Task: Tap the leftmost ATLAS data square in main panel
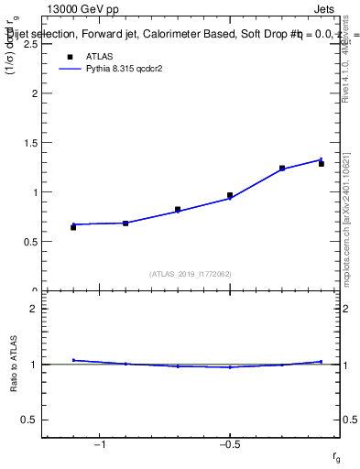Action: click(73, 227)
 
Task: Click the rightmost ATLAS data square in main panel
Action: click(322, 164)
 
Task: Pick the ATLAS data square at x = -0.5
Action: click(230, 195)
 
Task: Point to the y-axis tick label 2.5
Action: click(29, 44)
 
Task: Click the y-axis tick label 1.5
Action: click(29, 143)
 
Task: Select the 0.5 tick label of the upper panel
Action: click(29, 242)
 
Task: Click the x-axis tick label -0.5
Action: click(228, 445)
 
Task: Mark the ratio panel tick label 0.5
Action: click(29, 420)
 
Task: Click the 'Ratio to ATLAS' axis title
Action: click(14, 365)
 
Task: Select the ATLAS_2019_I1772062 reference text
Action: click(191, 274)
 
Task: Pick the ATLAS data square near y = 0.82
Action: click(178, 210)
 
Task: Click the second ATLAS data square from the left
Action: click(125, 223)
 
